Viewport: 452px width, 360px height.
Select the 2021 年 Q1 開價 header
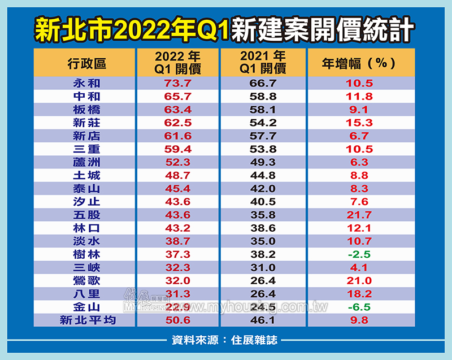click(262, 63)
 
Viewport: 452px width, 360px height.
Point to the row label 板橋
click(86, 110)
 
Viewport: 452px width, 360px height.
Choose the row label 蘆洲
click(86, 162)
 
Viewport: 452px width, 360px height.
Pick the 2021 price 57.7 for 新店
click(262, 136)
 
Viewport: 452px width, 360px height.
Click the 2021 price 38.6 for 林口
click(262, 228)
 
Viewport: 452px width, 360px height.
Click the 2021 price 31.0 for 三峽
click(262, 267)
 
